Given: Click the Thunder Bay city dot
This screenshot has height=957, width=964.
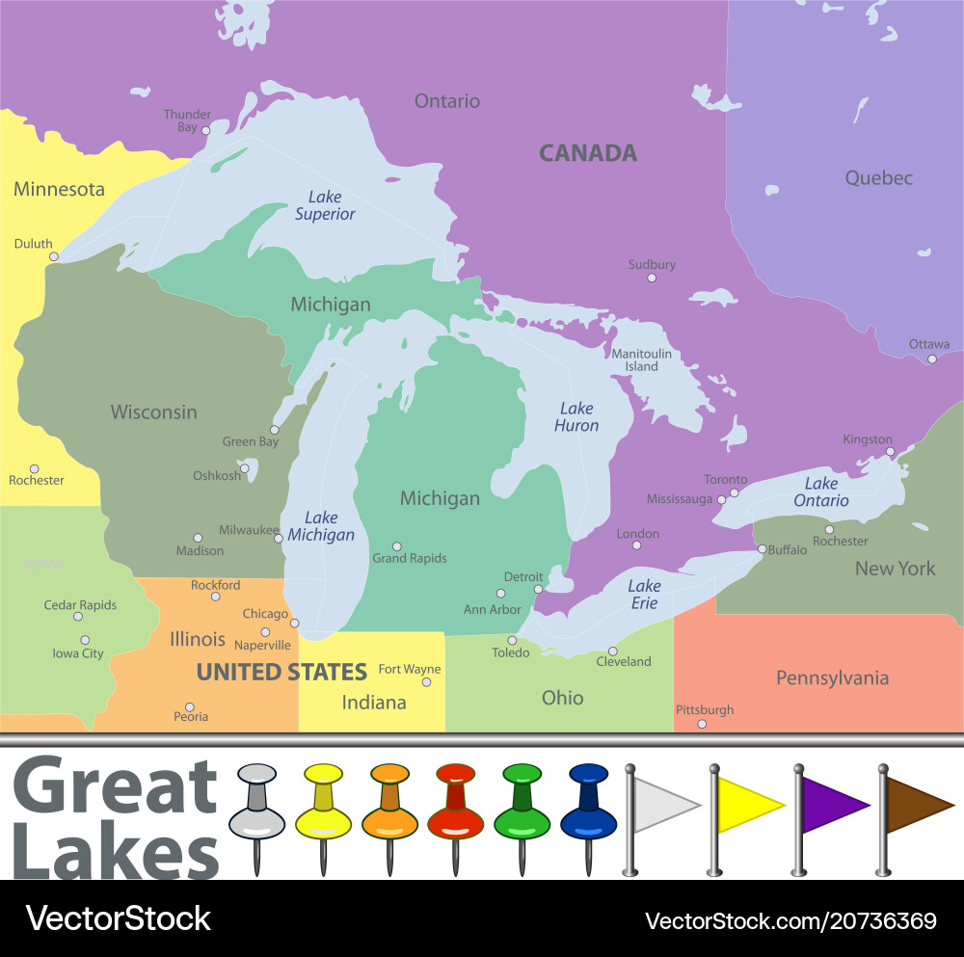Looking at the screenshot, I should click(x=205, y=130).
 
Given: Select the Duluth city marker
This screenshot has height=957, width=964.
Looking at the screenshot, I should click(x=54, y=256).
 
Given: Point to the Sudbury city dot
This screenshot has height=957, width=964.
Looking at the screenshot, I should click(x=651, y=278).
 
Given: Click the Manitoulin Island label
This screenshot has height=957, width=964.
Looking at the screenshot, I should click(x=641, y=359).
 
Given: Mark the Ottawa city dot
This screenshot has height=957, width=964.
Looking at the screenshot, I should click(x=931, y=359).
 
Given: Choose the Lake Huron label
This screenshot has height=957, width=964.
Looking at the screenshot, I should click(x=576, y=417).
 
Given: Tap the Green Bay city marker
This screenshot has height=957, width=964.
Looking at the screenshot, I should click(x=274, y=430).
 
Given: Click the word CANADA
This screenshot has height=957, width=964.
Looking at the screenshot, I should click(x=587, y=153).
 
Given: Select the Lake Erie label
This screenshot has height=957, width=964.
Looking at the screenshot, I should click(x=644, y=595).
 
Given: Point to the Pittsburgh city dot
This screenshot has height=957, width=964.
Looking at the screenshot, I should click(x=702, y=724).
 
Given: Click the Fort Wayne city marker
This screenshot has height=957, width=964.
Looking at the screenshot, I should click(x=426, y=682).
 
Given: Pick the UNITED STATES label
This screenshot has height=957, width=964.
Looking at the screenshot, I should click(x=281, y=672).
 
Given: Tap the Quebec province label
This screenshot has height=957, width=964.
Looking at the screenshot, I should click(x=878, y=178).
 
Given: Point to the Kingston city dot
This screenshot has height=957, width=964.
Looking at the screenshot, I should click(x=890, y=451).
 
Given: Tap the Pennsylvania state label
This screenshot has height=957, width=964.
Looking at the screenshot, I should click(x=832, y=678).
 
